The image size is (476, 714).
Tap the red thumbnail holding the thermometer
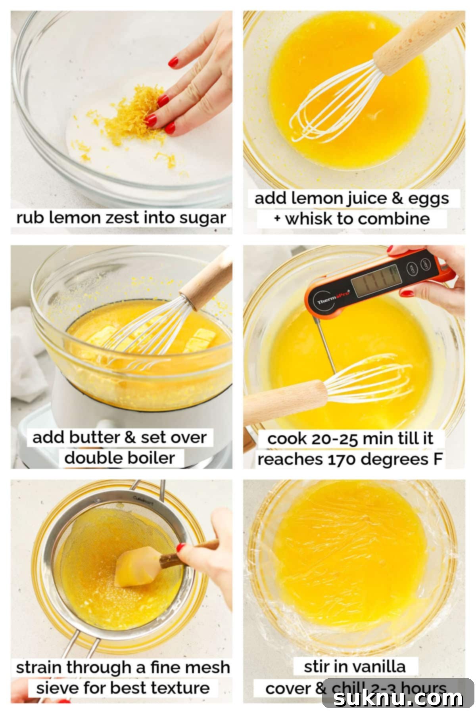[407, 294]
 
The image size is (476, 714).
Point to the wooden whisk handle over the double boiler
[208, 280]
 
